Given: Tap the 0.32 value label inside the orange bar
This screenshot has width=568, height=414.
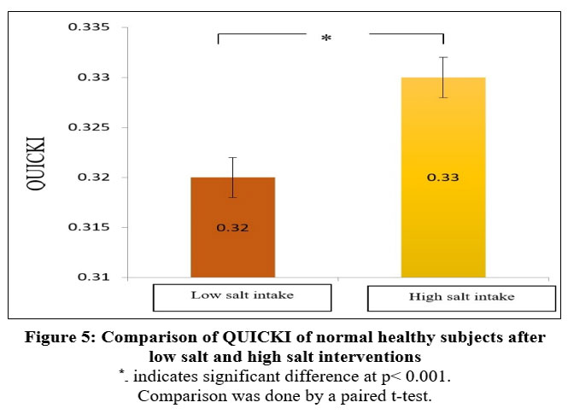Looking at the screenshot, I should pyautogui.click(x=232, y=228).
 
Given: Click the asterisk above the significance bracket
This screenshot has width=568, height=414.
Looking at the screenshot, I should pyautogui.click(x=325, y=39).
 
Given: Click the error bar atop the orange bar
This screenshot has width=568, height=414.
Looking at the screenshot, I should pyautogui.click(x=232, y=178).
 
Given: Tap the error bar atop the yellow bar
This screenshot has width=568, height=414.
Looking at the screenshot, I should pyautogui.click(x=442, y=78).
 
